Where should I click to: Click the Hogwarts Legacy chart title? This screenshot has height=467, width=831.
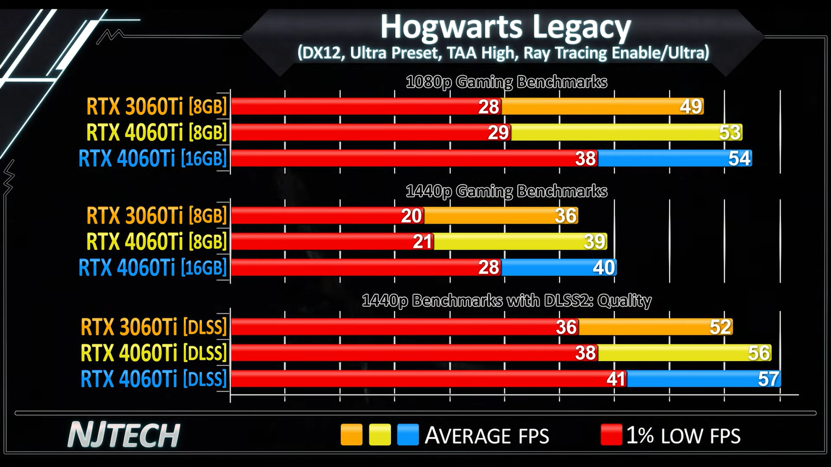tap(505, 27)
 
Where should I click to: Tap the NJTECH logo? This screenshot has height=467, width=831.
tap(124, 435)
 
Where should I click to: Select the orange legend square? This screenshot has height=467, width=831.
tap(351, 435)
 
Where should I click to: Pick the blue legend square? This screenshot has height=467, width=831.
tap(408, 435)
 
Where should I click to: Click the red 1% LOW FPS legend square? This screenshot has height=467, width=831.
tap(611, 435)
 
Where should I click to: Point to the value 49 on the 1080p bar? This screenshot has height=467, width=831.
tap(691, 106)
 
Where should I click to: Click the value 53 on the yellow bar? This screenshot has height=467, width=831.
tap(730, 132)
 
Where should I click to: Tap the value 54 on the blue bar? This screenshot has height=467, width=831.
tap(739, 158)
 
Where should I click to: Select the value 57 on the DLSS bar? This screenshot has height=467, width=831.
tap(768, 379)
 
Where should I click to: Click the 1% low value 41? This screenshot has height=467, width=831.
tap(615, 379)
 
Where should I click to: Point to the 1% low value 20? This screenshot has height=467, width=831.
tap(411, 216)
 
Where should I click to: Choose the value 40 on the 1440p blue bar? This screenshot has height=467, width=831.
tap(604, 268)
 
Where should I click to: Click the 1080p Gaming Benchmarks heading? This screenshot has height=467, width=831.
tap(506, 82)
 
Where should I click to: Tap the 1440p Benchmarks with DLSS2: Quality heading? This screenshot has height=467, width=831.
tap(506, 300)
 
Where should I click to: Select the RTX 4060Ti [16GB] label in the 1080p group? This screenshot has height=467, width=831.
tap(153, 158)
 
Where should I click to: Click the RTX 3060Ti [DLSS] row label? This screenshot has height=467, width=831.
tap(154, 327)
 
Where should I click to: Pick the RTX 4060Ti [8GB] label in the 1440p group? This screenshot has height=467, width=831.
tap(156, 242)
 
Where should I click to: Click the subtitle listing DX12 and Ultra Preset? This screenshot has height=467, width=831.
tap(503, 53)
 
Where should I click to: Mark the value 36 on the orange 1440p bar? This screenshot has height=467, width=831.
tap(566, 216)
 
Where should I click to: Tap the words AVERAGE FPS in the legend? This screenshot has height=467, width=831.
tap(487, 436)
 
